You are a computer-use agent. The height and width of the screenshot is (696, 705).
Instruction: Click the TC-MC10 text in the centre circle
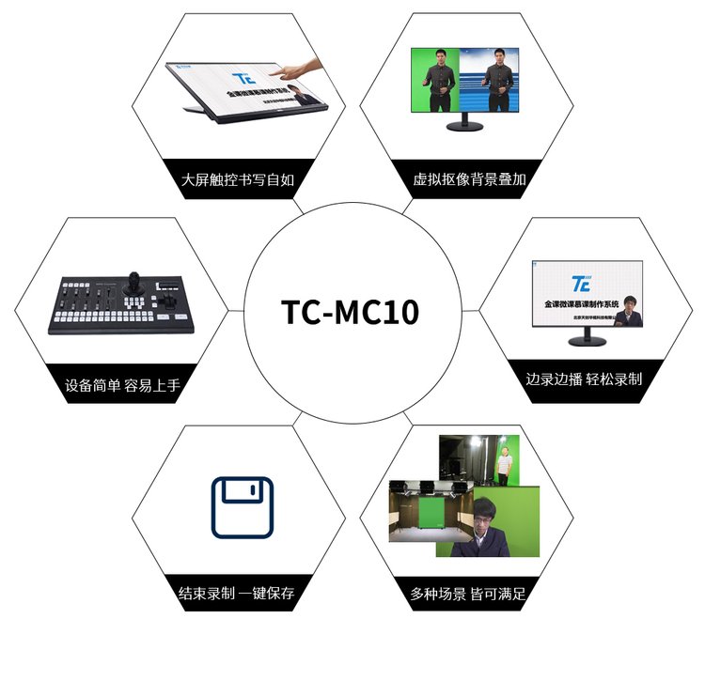point(351,313)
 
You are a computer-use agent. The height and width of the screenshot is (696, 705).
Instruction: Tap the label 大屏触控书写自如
point(235,178)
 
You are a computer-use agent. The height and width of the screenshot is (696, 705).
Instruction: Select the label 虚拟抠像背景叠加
point(469,178)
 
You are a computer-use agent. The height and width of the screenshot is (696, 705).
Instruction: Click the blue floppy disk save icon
point(242,507)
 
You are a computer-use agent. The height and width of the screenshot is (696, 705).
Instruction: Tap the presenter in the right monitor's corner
point(628,314)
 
